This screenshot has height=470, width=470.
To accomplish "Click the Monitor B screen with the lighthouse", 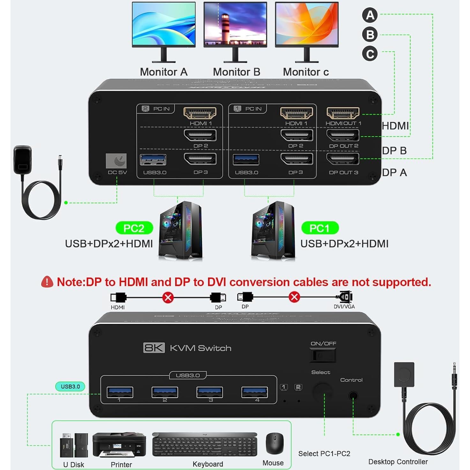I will (x=235, y=24).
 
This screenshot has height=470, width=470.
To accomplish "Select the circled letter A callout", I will (x=370, y=15).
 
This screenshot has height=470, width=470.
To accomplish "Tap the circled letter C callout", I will (x=370, y=54).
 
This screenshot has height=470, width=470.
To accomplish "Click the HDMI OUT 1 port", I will (x=343, y=113).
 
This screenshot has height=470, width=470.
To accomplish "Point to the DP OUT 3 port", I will (x=343, y=159).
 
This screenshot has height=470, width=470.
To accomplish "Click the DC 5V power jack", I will (x=116, y=161).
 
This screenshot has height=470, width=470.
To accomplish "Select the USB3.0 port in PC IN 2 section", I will (x=153, y=160).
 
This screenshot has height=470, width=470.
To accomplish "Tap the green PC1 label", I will (x=320, y=228).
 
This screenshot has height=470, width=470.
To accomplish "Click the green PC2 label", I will (x=134, y=228).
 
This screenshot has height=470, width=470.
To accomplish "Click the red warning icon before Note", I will (x=47, y=282).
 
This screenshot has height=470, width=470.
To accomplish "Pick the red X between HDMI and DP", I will (x=168, y=297).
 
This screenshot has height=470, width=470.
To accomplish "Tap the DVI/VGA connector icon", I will (x=345, y=297).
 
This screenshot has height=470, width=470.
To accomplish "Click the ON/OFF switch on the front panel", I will (x=323, y=355).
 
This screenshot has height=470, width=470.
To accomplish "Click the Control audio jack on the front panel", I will (x=353, y=396).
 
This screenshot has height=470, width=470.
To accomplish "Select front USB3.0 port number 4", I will (x=254, y=392).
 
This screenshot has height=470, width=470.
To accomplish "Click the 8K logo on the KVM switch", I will (x=154, y=348).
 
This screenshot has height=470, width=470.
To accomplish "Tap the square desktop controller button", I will (x=404, y=374).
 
